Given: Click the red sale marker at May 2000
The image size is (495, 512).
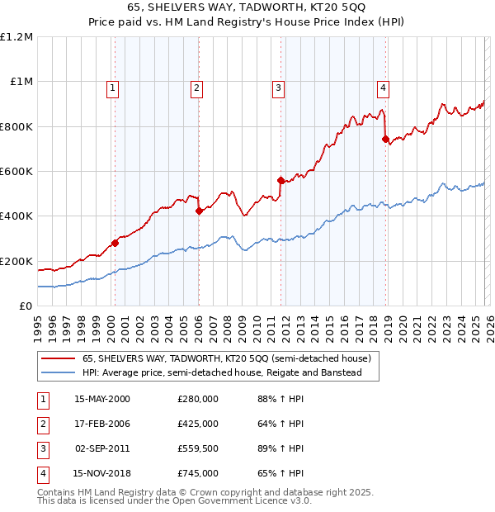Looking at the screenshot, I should click(115, 243).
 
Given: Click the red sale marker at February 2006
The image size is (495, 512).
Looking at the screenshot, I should click(199, 211).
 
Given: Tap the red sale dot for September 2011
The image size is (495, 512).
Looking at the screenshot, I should click(280, 180).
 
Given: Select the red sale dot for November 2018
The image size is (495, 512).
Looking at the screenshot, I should click(385, 139).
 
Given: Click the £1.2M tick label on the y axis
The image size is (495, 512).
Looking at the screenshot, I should click(16, 37).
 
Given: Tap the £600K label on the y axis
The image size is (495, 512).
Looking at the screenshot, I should click(16, 172).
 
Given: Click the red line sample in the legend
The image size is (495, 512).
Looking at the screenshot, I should click(58, 359).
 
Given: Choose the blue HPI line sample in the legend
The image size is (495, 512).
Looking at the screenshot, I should click(58, 373).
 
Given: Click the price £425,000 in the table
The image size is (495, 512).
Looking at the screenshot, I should click(197, 424).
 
